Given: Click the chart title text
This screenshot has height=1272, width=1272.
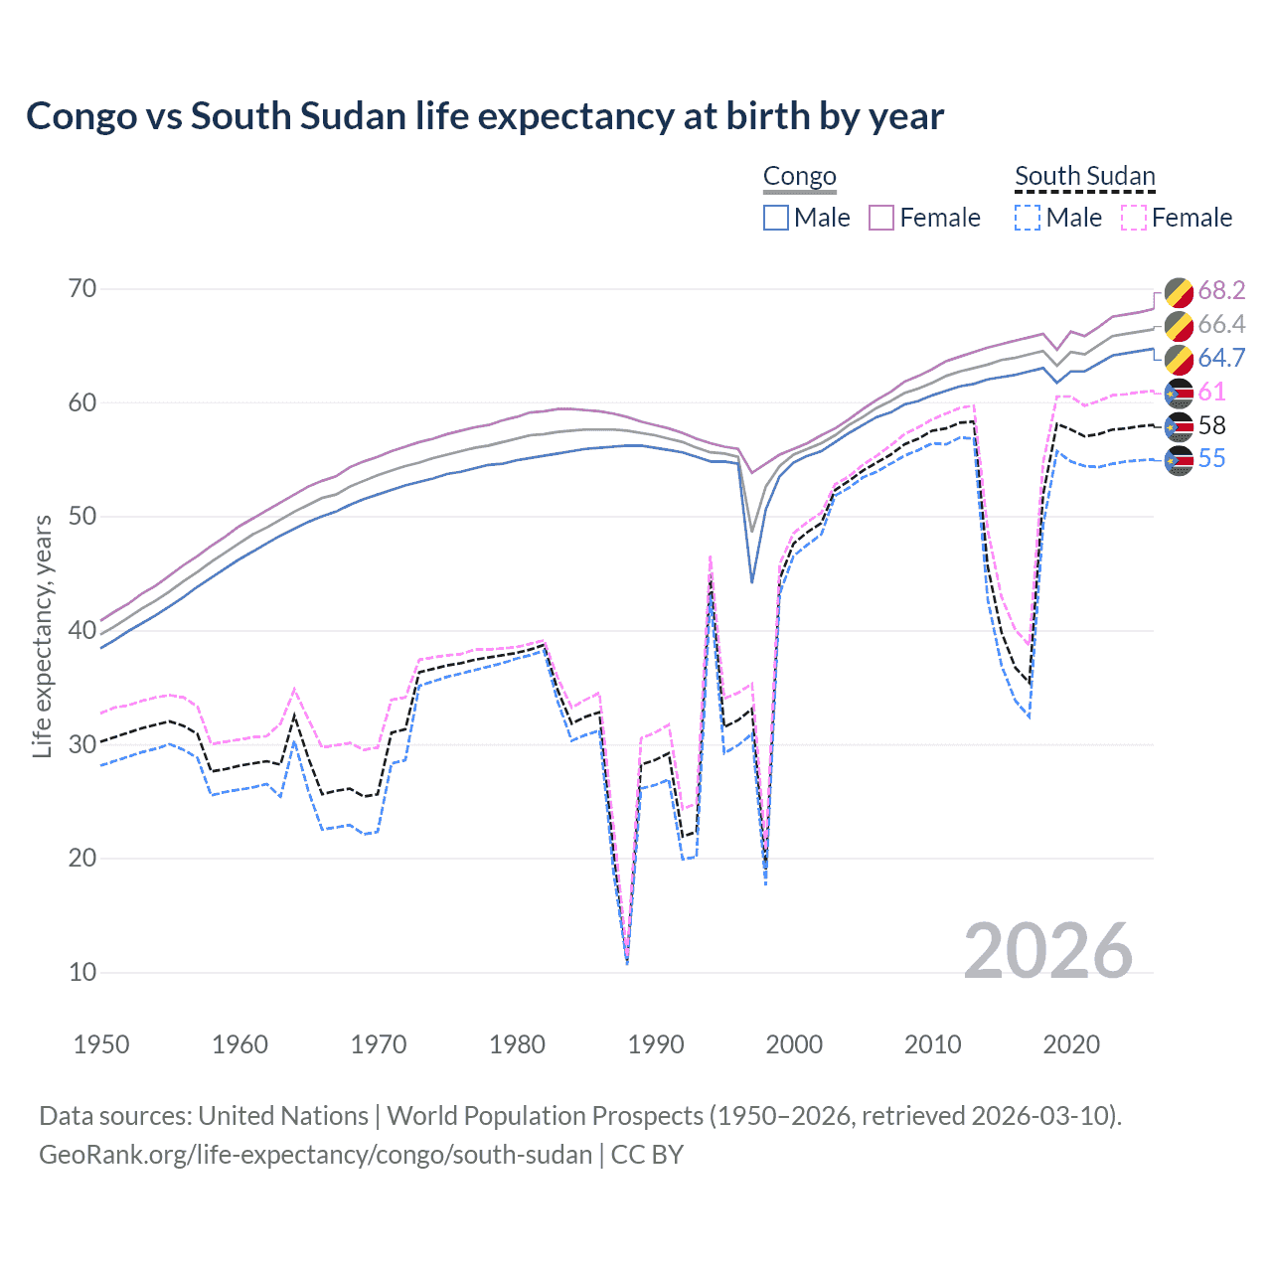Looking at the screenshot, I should pos(485,116).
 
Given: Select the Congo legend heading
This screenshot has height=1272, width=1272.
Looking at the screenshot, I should pos(799,177).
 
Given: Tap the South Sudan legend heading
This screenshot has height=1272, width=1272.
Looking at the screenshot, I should pos(1084,177).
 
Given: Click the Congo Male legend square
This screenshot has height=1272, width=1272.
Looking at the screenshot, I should pos(776,218).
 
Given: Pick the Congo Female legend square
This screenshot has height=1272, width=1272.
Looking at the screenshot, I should pos(881,218).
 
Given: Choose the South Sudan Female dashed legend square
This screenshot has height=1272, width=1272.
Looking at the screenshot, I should pos(1134,218).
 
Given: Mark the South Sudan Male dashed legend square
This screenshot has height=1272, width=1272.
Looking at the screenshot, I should pos(1028,218).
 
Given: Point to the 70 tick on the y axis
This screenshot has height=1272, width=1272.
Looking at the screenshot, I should pos(82,289).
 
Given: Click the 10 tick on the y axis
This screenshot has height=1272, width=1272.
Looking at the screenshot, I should pos(82,972).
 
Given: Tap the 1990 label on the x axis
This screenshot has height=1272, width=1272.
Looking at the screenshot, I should pos(656,1044).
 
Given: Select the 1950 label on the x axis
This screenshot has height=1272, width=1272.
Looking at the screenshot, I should pos(101,1044).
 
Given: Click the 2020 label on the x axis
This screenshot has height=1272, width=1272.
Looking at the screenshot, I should pos(1071,1044).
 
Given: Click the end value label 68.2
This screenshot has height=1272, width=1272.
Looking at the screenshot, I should pos(1221,290).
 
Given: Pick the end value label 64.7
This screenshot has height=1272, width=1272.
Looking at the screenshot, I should pos(1221,358).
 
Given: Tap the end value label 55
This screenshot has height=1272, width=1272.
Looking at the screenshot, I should pos(1211,459).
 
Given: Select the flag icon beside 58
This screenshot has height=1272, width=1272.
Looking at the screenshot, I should pos(1179,426).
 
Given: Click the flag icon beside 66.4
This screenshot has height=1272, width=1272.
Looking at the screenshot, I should pos(1179,325).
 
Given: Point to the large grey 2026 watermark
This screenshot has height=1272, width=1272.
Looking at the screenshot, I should pos(1047,951).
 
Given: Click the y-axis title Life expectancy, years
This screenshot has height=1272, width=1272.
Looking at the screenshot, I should pos(43,636).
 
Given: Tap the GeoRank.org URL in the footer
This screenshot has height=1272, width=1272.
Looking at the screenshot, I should pos(315,1155).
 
